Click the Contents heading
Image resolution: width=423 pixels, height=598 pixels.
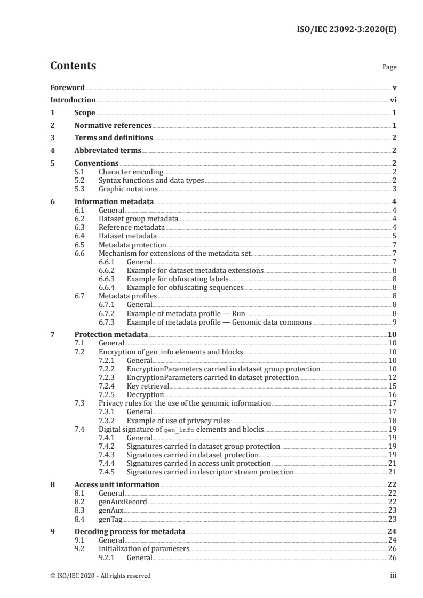73,67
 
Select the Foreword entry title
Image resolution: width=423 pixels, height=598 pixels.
67,88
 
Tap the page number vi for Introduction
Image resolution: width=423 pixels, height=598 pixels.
393,100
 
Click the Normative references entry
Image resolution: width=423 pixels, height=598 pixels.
113,126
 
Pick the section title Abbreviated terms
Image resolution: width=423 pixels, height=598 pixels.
108,151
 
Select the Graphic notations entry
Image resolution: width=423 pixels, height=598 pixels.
128,189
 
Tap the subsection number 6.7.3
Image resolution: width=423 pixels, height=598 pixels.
108,322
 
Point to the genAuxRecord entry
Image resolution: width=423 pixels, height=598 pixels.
123,502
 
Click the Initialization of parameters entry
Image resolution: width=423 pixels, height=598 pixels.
144,549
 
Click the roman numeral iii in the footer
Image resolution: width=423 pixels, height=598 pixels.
394,576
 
